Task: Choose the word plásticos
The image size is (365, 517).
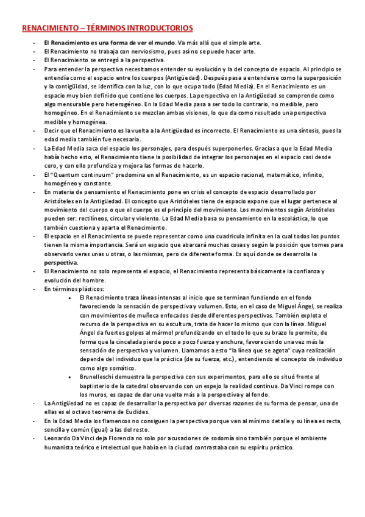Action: coord(91,288)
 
